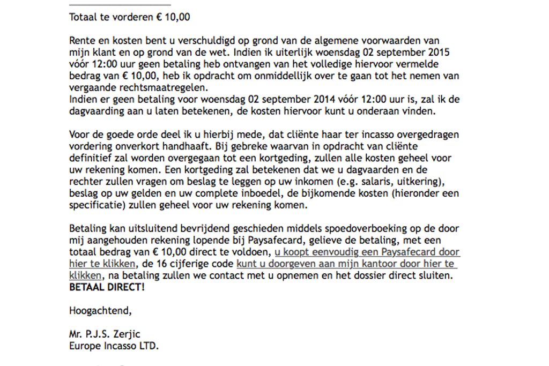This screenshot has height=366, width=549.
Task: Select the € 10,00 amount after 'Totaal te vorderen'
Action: [173, 17]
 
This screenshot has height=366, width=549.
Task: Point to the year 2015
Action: [437, 53]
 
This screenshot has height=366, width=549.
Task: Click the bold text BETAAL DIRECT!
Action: [107, 288]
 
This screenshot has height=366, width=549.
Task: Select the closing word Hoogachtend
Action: [100, 311]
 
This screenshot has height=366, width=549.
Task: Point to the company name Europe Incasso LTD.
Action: [114, 346]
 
